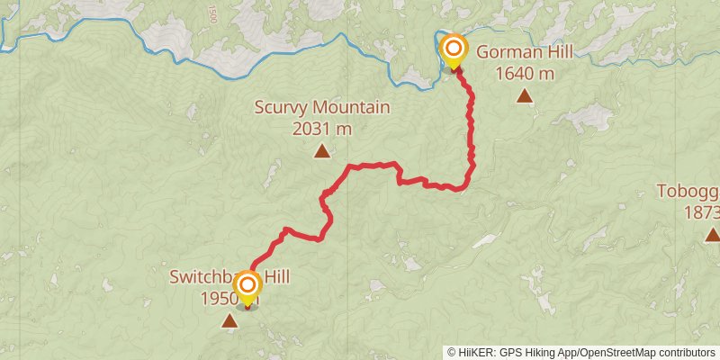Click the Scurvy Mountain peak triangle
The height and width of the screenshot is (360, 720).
321,150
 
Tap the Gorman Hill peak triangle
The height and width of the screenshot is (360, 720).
525,94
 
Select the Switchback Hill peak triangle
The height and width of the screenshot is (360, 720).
230,320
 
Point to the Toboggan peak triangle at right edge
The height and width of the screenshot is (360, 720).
712,235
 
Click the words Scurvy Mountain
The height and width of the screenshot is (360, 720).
321,108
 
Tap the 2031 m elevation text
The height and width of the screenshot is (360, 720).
321,129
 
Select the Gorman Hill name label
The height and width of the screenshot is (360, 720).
525,51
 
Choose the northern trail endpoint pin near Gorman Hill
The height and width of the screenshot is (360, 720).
454,50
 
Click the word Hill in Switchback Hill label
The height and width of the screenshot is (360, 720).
275,277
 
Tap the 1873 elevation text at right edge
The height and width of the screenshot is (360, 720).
702,212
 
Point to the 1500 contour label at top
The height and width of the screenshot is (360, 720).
211,13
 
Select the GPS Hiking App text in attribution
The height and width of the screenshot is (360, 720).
535,352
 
